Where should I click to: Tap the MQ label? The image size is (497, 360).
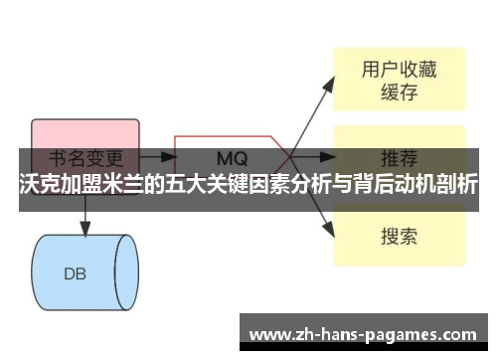coord(233,158)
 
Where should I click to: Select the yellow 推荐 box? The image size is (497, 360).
coord(398,157)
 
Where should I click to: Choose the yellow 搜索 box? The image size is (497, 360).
coord(398,237)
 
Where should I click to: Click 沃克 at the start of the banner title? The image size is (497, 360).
coord(40,186)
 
